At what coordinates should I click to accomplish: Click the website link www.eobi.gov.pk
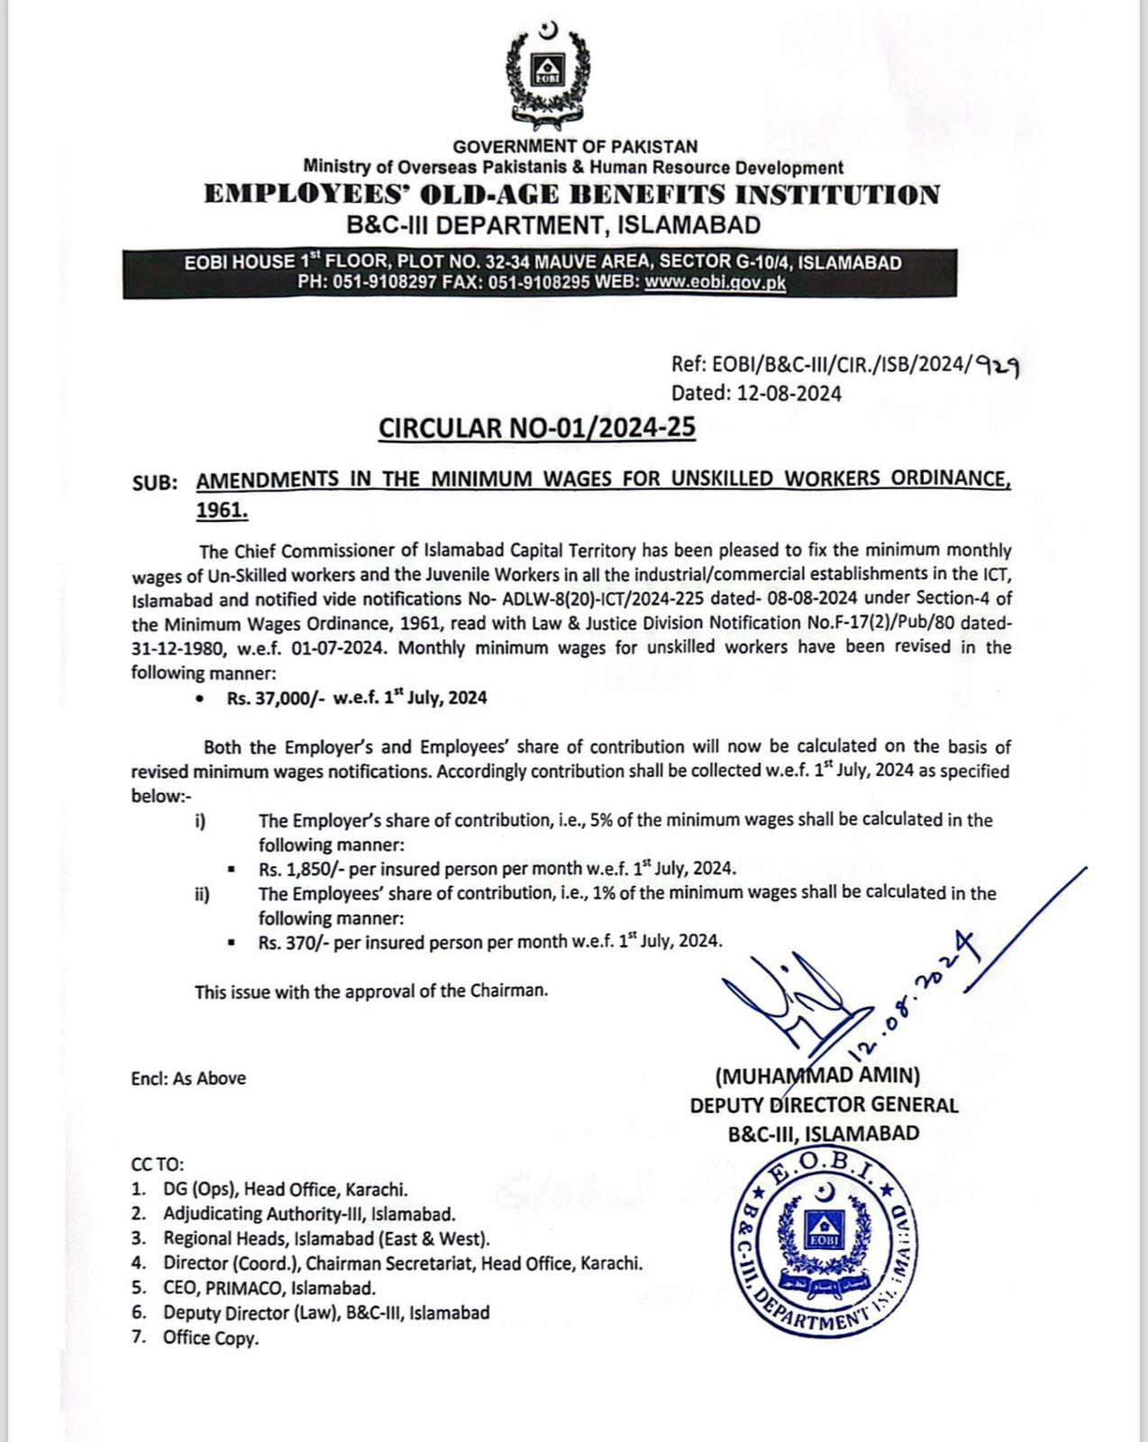715,283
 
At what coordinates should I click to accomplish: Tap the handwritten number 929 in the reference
999,366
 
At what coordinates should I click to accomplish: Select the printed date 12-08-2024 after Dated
788,393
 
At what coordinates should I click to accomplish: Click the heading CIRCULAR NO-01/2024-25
537,427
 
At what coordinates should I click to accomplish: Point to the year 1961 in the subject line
221,510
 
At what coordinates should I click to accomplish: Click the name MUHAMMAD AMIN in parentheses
817,1075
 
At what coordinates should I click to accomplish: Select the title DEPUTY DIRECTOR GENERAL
824,1105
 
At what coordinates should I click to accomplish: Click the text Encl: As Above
188,1079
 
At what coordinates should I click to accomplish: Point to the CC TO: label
157,1164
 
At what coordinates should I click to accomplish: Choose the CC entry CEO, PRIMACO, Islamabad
269,1289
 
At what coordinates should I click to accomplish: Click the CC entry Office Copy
210,1338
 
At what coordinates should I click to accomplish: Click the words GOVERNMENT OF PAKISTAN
575,146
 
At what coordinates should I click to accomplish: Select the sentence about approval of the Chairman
371,991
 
